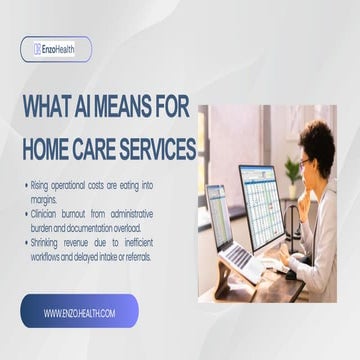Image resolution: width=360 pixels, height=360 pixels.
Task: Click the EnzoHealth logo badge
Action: [56, 49]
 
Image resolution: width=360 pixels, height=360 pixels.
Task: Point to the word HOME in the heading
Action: [49, 149]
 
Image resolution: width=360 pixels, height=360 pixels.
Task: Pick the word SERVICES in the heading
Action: [160, 149]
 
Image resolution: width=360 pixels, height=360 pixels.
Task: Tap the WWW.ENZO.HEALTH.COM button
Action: [79, 313]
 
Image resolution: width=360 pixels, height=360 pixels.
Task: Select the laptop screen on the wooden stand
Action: [220, 229]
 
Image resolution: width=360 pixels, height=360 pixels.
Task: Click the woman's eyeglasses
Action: [304, 162]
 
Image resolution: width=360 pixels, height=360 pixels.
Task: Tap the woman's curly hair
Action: [320, 140]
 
